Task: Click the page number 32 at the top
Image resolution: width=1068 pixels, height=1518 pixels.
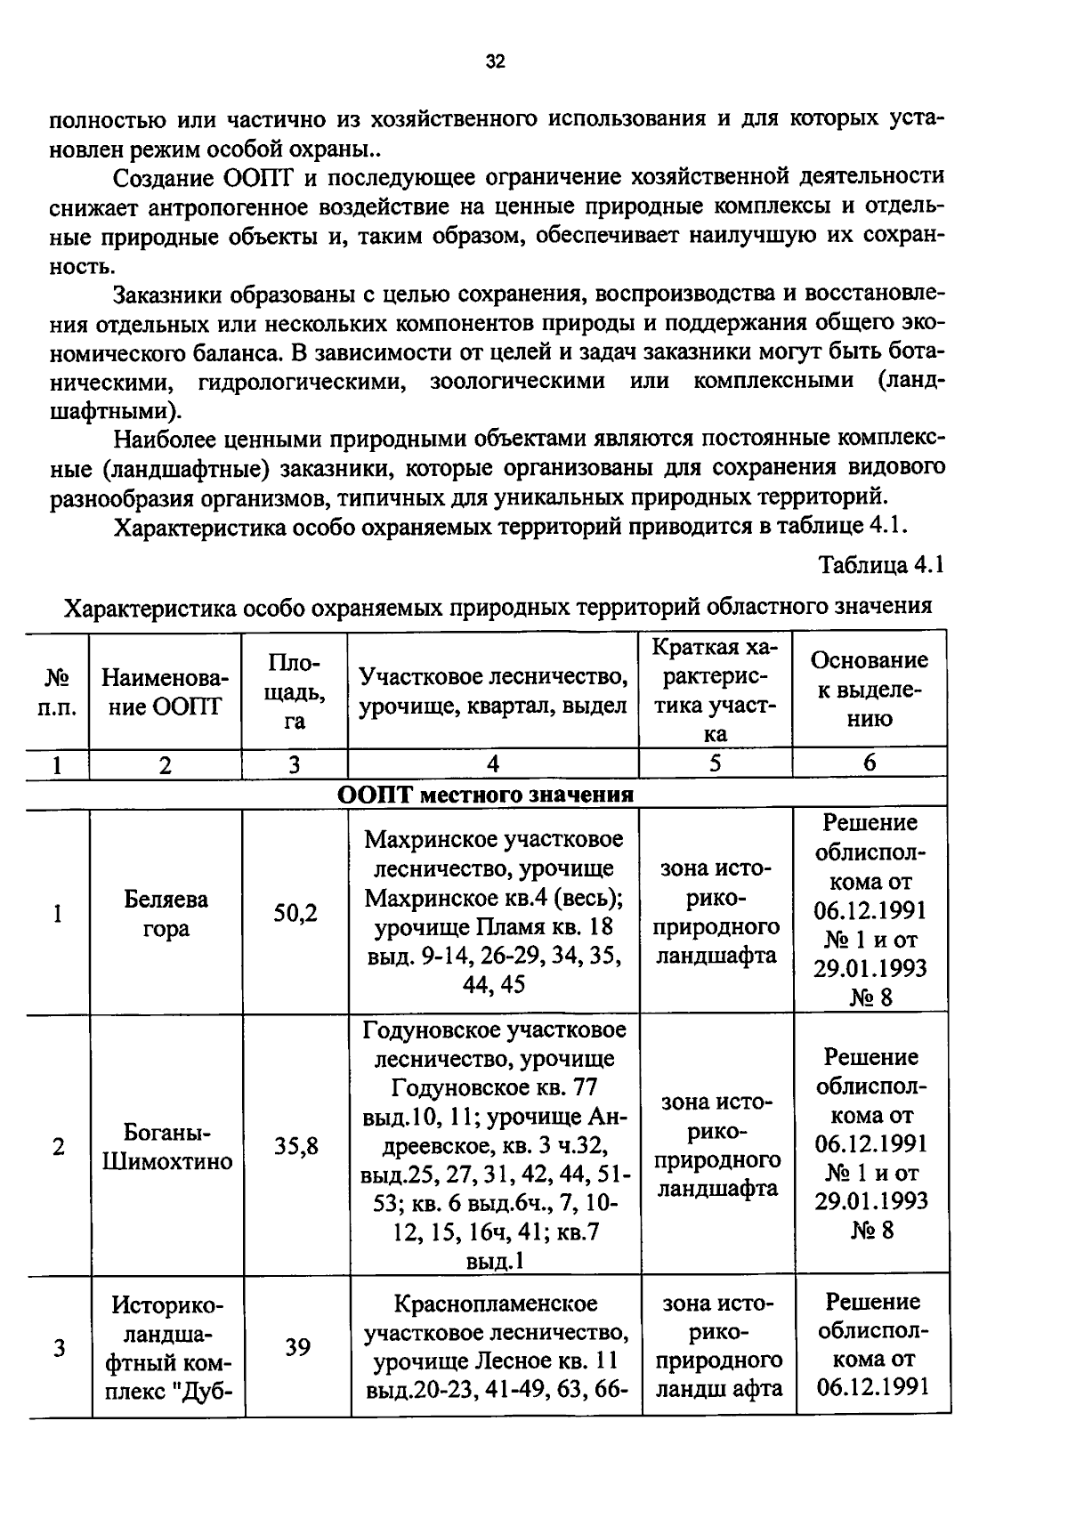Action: coord(496,61)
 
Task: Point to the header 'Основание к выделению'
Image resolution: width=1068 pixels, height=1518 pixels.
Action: coord(869,689)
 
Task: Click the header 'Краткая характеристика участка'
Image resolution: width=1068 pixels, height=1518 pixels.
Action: coord(715,690)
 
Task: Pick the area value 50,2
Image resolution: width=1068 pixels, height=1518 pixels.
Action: coord(295,913)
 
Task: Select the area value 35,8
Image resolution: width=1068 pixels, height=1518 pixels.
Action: coord(295,1146)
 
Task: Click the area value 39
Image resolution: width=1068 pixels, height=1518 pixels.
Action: coord(297,1347)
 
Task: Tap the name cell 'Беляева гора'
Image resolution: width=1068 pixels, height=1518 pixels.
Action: coord(166,913)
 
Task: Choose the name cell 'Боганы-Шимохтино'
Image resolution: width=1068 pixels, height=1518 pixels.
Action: coord(166,1147)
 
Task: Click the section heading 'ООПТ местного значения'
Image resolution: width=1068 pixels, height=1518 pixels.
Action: coord(486,795)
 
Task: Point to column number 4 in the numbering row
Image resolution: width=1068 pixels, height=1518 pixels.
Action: coord(493,763)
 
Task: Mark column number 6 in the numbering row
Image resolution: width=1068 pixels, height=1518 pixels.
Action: coord(870,763)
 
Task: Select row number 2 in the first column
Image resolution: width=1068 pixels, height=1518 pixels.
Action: coord(58,1146)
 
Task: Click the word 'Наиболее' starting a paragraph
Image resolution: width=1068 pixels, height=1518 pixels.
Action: coord(166,439)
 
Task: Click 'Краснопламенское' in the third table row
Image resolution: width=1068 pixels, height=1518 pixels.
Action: coord(495,1304)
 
